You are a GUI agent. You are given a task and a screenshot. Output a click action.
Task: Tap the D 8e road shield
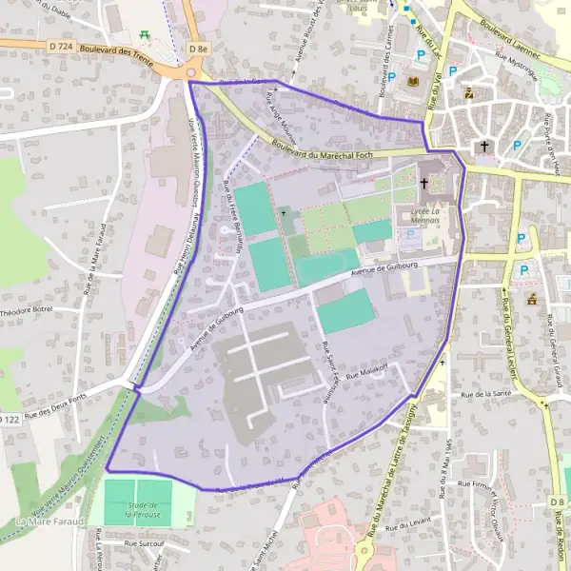(x=198, y=48)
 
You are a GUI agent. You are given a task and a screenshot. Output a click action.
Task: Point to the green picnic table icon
(x=145, y=33)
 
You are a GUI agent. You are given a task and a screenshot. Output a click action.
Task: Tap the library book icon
(x=411, y=81)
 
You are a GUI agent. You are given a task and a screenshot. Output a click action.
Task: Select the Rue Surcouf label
(x=144, y=543)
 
